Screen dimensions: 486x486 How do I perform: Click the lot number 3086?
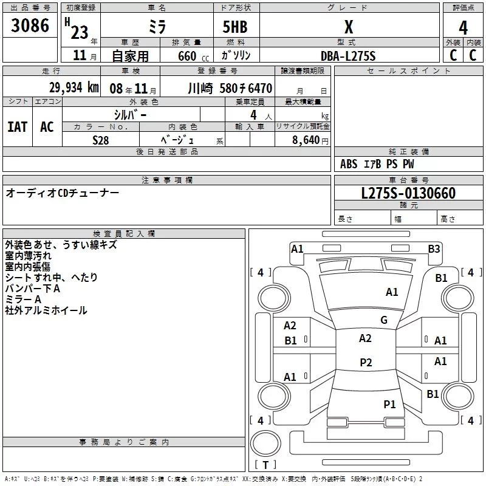30,26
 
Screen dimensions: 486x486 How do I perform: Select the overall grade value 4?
463,27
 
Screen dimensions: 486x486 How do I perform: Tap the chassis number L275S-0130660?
408,194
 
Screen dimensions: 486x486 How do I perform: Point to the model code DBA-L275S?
348,56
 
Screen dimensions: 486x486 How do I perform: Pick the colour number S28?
101,140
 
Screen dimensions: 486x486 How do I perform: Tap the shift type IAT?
18,127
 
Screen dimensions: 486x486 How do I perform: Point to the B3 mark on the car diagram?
434,248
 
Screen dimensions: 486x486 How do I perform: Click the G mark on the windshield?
384,320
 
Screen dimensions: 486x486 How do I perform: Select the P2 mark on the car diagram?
366,363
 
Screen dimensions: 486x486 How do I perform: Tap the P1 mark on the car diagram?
389,404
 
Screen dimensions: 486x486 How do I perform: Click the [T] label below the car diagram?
265,465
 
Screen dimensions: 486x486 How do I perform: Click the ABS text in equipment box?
349,164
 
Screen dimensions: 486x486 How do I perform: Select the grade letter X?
348,27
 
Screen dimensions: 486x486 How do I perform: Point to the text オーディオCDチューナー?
63,193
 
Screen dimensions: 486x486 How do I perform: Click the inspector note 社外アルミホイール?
46,310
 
